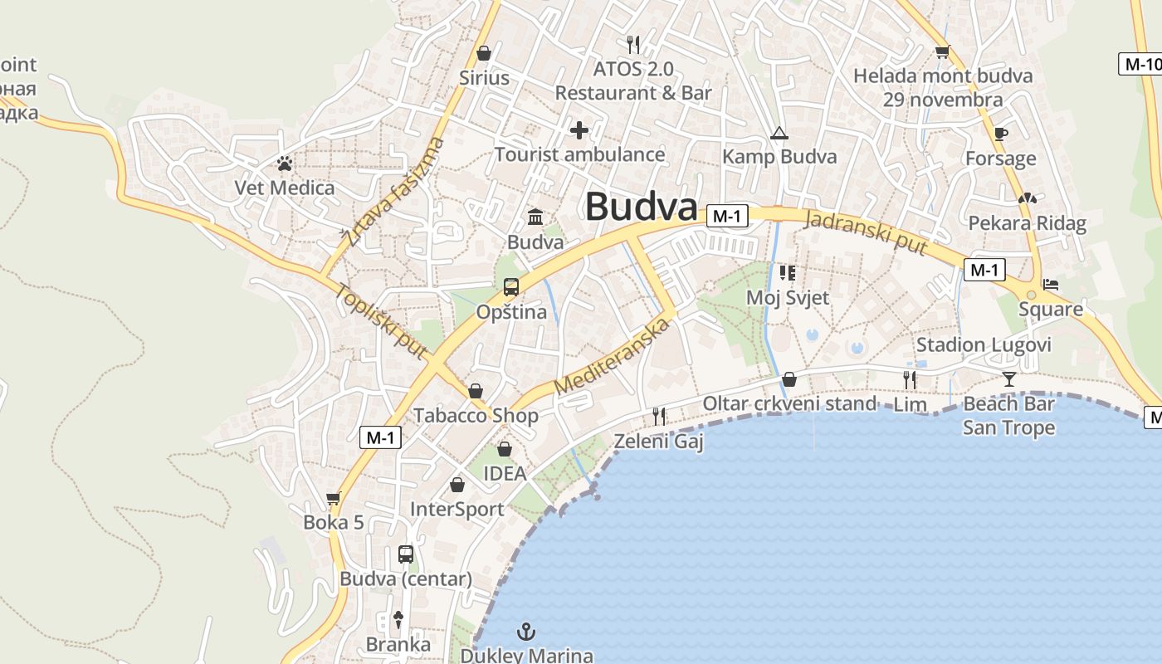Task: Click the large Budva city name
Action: (641, 207)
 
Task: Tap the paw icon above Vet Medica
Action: (285, 164)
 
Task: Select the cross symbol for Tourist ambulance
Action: (579, 130)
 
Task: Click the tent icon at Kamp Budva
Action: (779, 133)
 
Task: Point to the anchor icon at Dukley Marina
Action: (526, 632)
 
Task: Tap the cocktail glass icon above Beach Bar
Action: (1008, 379)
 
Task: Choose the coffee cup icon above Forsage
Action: (1001, 134)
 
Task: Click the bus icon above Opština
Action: (510, 288)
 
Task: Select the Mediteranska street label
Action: (612, 355)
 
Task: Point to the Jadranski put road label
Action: (866, 232)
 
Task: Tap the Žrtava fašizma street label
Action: (393, 192)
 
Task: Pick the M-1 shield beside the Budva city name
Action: (727, 217)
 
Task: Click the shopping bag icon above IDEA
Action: (504, 450)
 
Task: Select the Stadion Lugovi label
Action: (984, 345)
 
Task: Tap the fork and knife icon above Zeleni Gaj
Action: (659, 416)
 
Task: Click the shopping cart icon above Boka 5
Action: (334, 499)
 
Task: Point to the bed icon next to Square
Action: (1051, 285)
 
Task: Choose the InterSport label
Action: (456, 509)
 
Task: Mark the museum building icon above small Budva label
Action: (535, 217)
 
